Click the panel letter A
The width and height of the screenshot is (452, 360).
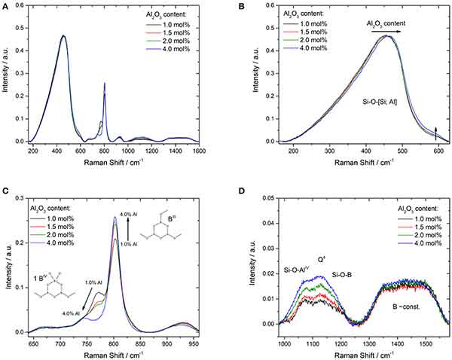pyautogui.click(x=5, y=6)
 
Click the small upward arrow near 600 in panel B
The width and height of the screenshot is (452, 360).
pyautogui.click(x=435, y=133)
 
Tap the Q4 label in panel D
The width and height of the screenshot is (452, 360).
pyautogui.click(x=320, y=259)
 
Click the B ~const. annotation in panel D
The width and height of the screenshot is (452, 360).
pyautogui.click(x=387, y=307)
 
